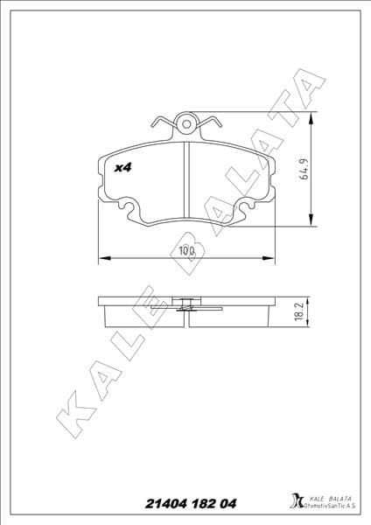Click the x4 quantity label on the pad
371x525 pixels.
(x=122, y=166)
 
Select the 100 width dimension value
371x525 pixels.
(x=185, y=251)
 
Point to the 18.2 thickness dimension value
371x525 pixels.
(x=300, y=311)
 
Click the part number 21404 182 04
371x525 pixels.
(x=185, y=504)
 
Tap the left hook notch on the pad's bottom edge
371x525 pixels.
(x=131, y=210)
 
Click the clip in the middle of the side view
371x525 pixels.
(x=185, y=305)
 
